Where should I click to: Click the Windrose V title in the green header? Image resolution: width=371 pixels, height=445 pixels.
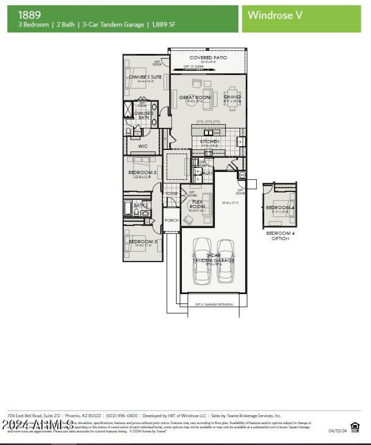[275, 15]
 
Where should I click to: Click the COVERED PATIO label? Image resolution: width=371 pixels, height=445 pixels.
[208, 58]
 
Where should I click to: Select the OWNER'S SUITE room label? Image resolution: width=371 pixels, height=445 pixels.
[145, 77]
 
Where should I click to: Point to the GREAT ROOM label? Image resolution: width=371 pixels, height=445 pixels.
[195, 97]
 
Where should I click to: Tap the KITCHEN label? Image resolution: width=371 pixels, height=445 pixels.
[210, 142]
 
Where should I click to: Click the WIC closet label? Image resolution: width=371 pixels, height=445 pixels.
[143, 146]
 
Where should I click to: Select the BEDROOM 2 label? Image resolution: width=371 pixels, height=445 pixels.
[142, 173]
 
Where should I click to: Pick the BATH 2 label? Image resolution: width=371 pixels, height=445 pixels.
[141, 205]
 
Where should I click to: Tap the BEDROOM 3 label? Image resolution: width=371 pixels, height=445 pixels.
[143, 242]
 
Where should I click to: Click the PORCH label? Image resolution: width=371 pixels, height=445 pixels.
[172, 220]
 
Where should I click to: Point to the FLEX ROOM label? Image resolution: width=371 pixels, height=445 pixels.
[197, 204]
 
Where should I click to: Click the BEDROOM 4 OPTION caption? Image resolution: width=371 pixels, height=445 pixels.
[280, 236]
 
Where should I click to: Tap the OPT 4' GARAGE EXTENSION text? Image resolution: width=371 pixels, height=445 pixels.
[214, 305]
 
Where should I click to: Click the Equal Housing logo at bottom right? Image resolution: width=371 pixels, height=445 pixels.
[355, 426]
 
